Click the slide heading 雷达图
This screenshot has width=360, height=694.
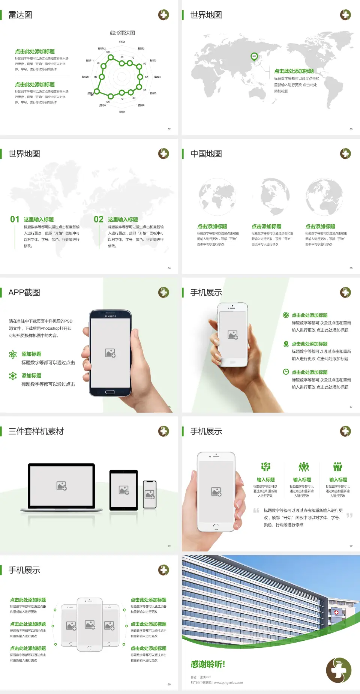(20, 15)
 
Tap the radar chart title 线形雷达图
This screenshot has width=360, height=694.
(122, 33)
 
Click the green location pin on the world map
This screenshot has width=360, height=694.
(254, 57)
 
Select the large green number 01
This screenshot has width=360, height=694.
(15, 219)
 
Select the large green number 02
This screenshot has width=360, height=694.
(99, 219)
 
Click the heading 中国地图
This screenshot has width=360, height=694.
(206, 154)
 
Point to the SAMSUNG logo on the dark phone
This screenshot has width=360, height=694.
(110, 316)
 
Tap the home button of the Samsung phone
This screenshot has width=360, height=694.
(110, 392)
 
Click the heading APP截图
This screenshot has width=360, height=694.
(24, 293)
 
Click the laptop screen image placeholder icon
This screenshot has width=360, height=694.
(61, 486)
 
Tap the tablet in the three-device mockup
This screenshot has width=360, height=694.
(124, 490)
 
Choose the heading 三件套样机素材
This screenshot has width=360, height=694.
(36, 431)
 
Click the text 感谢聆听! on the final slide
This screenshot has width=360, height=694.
(208, 664)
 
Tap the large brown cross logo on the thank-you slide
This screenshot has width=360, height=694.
(339, 670)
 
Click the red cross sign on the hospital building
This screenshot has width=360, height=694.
(336, 612)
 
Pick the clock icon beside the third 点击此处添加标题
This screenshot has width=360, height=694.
(286, 372)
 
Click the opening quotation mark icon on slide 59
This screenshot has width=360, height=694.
(256, 510)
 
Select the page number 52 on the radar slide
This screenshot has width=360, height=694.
(169, 129)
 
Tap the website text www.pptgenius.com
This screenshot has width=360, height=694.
(228, 683)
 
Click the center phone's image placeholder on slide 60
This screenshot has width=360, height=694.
(90, 625)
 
